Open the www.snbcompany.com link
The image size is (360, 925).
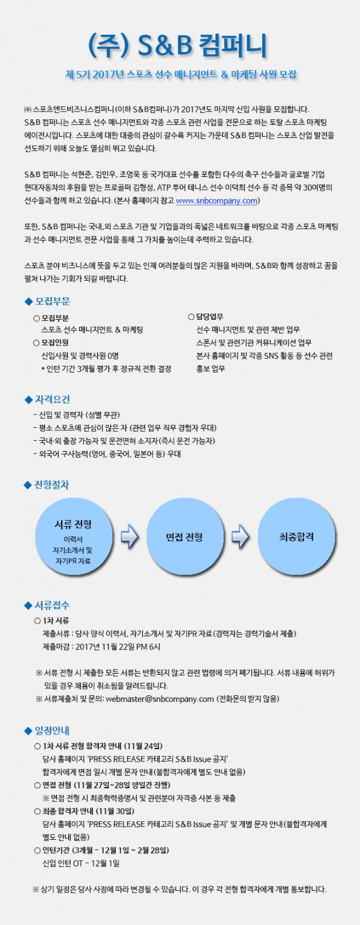(217, 201)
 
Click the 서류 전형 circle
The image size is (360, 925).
(73, 537)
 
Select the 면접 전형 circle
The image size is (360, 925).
(184, 537)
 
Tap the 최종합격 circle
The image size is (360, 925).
(296, 537)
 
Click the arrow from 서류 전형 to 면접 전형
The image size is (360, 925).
(129, 537)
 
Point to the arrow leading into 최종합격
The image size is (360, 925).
(240, 537)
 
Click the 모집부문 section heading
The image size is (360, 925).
(52, 302)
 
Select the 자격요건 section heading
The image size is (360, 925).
(52, 400)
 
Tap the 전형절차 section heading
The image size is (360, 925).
(52, 485)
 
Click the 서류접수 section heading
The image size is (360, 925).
(52, 605)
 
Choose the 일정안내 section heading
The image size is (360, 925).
(52, 731)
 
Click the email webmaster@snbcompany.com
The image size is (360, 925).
(160, 699)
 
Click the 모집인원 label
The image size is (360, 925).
(55, 343)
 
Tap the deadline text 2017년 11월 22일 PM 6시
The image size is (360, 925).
(118, 647)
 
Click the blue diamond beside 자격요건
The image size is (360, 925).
(28, 400)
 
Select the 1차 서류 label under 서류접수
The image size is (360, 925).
(56, 621)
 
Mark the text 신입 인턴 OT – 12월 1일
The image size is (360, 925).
(81, 863)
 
